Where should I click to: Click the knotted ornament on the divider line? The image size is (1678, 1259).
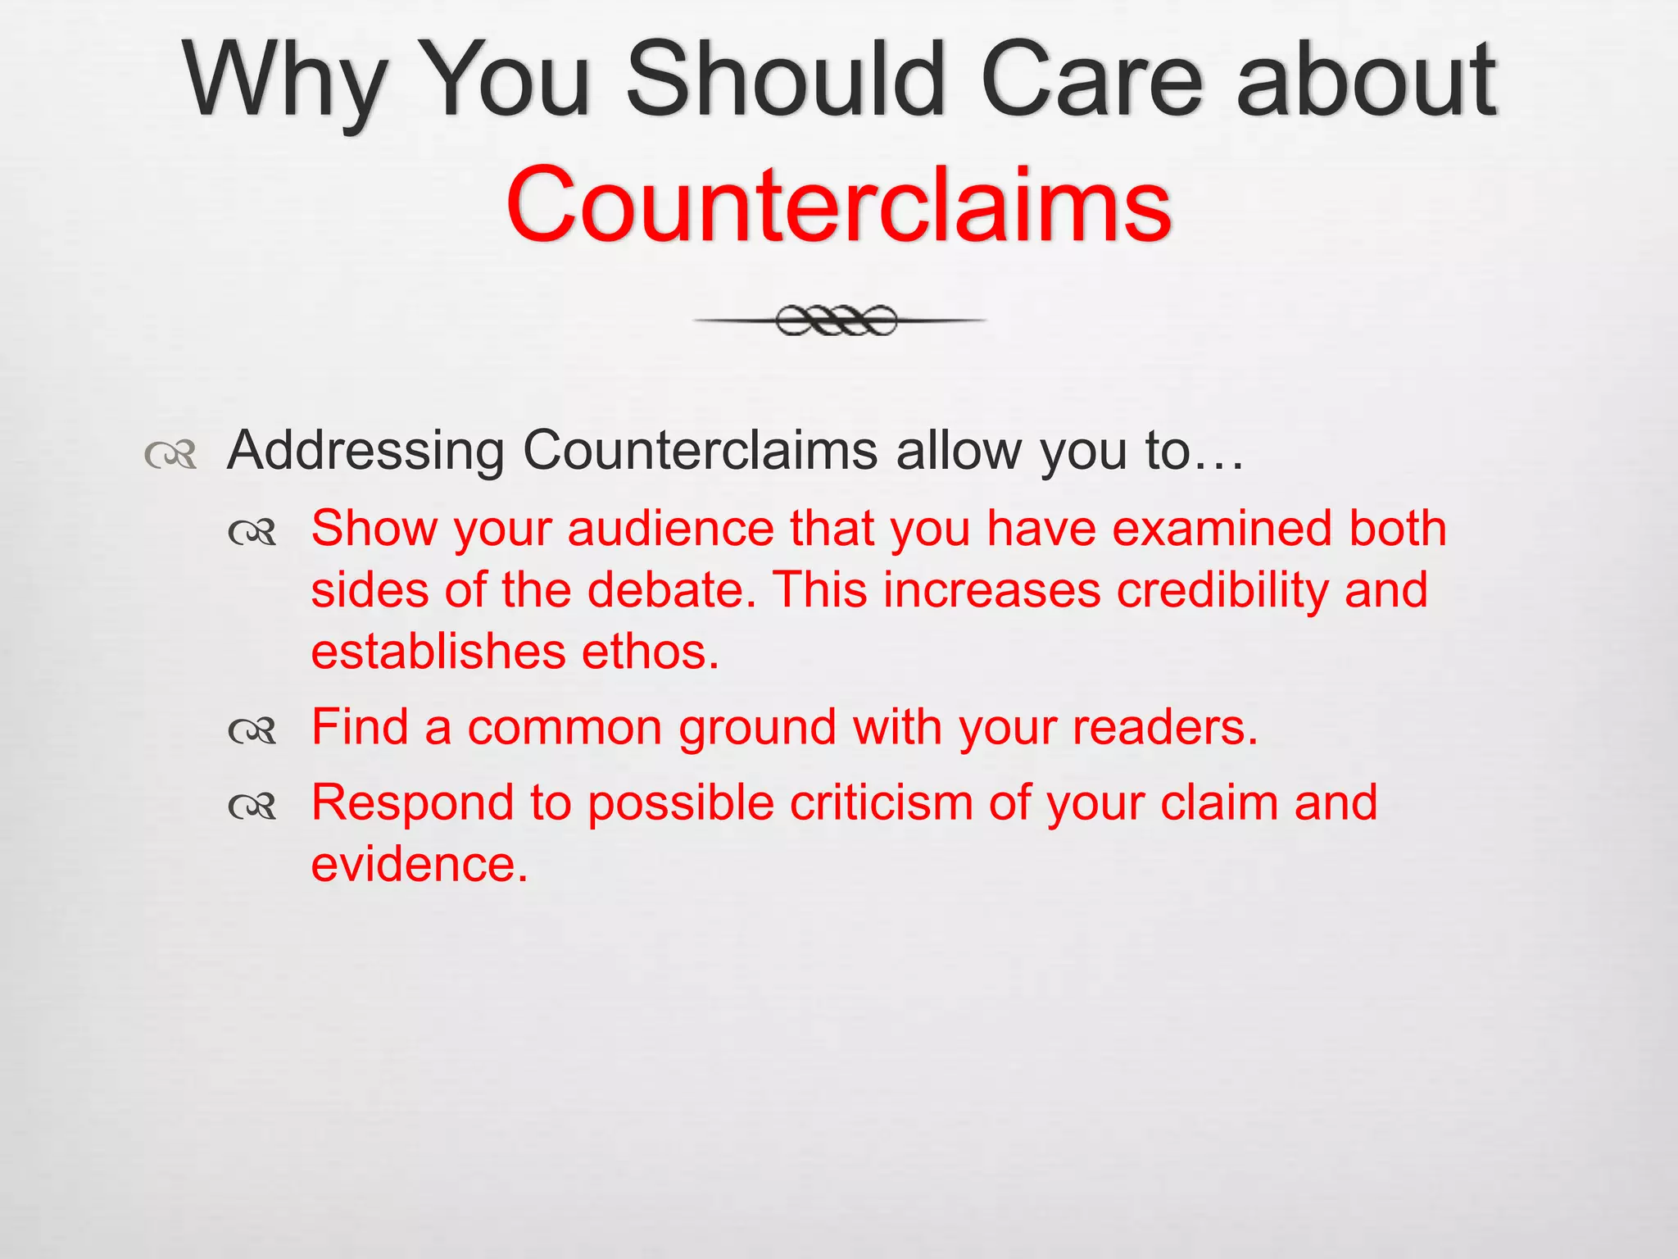[837, 320]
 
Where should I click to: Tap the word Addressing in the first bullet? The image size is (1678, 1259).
[365, 451]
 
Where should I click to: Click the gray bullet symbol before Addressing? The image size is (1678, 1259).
[171, 454]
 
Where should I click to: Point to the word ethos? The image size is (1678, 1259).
[650, 652]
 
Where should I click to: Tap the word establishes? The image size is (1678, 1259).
[438, 652]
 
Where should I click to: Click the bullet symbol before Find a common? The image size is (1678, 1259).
[253, 729]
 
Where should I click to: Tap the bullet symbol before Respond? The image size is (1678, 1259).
[253, 807]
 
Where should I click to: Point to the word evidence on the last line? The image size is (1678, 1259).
[419, 866]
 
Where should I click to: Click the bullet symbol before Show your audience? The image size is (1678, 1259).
[253, 534]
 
